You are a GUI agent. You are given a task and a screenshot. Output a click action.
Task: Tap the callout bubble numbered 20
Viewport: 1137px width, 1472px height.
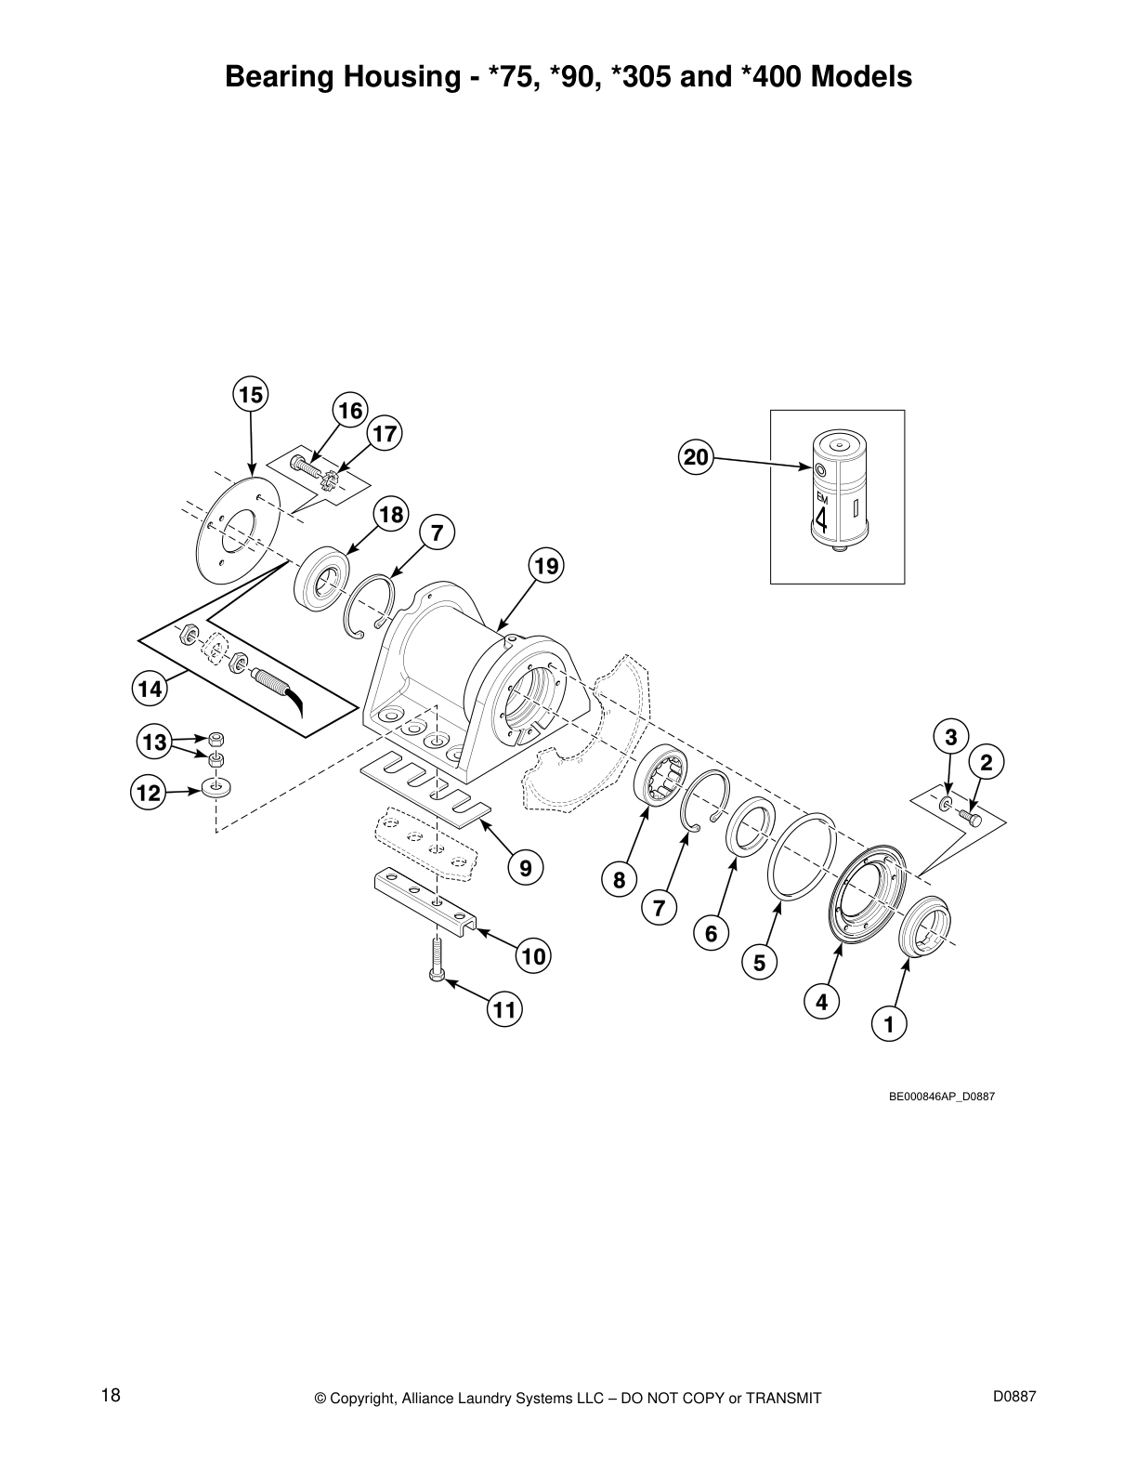click(x=696, y=456)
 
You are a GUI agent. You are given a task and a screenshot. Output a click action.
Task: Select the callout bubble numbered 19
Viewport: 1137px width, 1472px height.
click(x=547, y=565)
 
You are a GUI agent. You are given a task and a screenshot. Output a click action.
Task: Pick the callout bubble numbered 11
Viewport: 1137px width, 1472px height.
click(x=503, y=1009)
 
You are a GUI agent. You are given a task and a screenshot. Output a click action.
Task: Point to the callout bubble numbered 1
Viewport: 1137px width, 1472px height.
click(x=889, y=1025)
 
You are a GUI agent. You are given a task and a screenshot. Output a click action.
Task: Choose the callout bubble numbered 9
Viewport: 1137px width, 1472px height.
click(x=526, y=868)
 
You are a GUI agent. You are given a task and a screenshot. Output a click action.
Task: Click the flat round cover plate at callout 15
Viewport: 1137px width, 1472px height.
click(x=241, y=530)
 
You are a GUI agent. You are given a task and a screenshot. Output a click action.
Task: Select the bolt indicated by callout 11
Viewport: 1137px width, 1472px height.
click(x=438, y=957)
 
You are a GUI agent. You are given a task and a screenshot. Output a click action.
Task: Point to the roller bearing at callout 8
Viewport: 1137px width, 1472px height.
click(x=660, y=775)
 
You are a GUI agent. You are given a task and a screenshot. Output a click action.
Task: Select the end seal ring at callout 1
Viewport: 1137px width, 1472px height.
click(x=925, y=927)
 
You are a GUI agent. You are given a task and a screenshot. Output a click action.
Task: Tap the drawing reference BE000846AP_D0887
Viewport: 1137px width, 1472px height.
click(x=942, y=1097)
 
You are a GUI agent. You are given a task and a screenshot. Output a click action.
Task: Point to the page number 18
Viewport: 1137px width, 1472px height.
click(x=111, y=1395)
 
